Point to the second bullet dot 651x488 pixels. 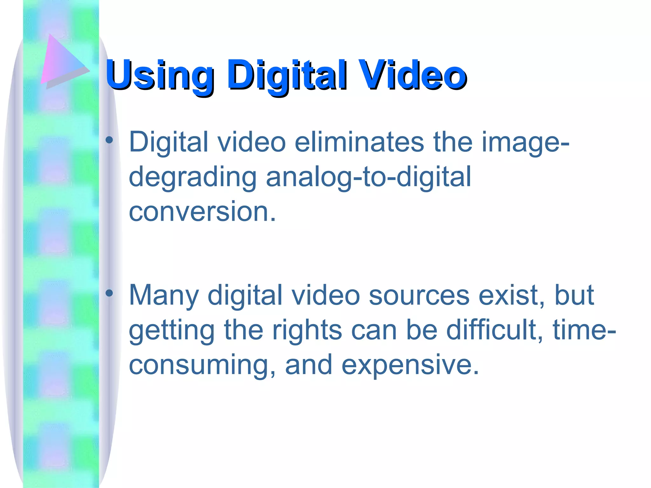(x=109, y=293)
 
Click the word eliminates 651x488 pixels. (x=359, y=142)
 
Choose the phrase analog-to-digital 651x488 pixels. (x=368, y=177)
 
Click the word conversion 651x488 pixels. (x=202, y=212)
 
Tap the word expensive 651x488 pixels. (x=410, y=365)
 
